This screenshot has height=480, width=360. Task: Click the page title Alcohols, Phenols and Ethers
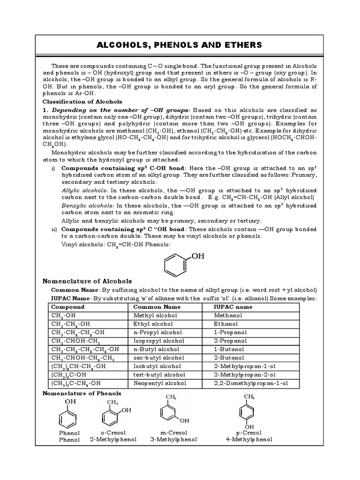coord(180,45)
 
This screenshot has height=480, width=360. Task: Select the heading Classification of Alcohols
coord(82,101)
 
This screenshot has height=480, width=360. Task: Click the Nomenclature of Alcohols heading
coord(87,281)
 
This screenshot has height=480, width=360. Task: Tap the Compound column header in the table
coord(68,307)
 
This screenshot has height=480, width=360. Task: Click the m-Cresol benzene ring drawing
coord(168,412)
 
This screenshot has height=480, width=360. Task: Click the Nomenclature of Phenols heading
coord(82,393)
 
